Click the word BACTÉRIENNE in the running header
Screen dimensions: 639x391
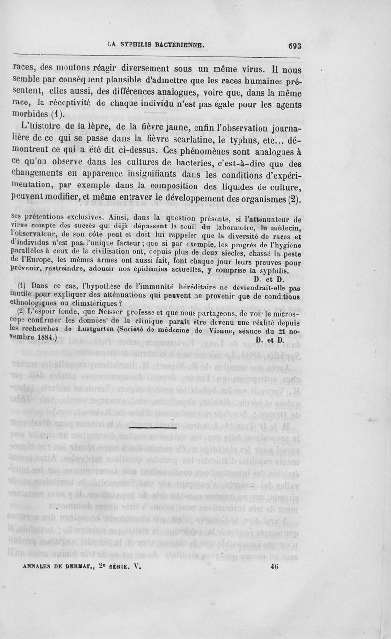click(x=176, y=45)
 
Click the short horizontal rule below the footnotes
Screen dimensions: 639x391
click(x=152, y=428)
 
